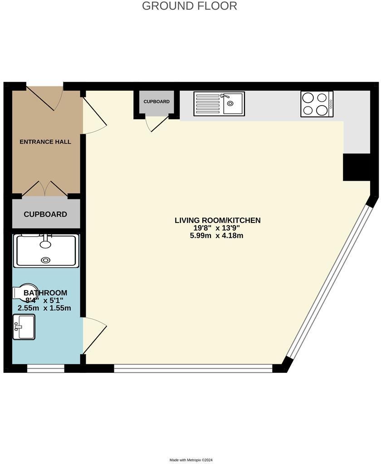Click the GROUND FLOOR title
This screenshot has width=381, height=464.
[x=189, y=6]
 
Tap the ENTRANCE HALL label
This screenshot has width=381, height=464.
[x=45, y=142]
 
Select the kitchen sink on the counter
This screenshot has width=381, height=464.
[x=219, y=104]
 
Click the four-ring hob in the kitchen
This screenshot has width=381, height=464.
[x=317, y=104]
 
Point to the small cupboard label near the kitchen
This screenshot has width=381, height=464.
[x=156, y=101]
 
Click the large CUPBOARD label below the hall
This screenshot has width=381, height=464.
[x=45, y=214]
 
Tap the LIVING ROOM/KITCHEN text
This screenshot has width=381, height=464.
[x=218, y=220]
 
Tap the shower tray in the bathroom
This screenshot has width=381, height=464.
[x=46, y=250]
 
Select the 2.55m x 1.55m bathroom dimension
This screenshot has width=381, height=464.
[x=44, y=308]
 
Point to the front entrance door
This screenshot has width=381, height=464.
[x=45, y=96]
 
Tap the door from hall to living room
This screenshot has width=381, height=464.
[x=93, y=116]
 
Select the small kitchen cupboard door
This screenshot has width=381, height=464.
[x=157, y=124]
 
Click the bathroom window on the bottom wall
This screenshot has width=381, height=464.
[x=46, y=368]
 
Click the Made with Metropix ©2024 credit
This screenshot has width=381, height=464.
[x=191, y=460]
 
